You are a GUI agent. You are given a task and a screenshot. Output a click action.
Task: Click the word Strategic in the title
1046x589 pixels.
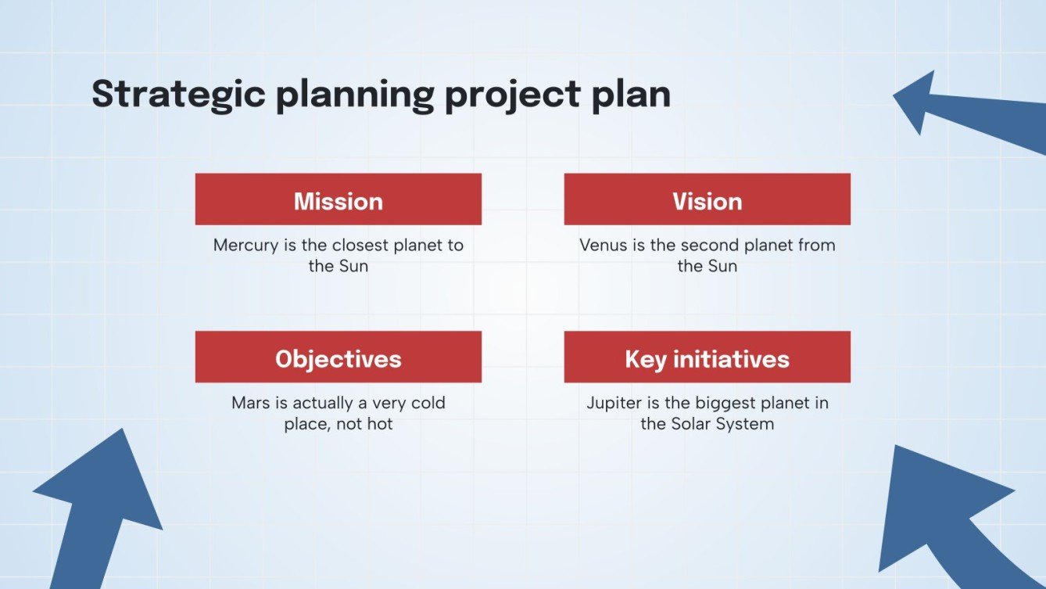point(179,95)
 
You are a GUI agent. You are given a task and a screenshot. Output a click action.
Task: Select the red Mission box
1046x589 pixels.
point(339,199)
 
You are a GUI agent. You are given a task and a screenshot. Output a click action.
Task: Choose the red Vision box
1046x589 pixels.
point(707,199)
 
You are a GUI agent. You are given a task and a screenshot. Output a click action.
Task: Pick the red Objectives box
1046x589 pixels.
point(339,357)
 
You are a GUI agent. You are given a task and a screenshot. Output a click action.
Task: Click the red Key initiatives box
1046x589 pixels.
point(707,357)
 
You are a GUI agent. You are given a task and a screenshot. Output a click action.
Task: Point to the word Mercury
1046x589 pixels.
point(245,246)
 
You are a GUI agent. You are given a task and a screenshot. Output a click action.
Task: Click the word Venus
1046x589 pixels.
point(604,246)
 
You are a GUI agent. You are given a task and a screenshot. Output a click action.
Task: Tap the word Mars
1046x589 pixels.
point(250,403)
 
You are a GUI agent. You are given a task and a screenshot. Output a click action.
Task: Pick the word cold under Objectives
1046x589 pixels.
point(428,403)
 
